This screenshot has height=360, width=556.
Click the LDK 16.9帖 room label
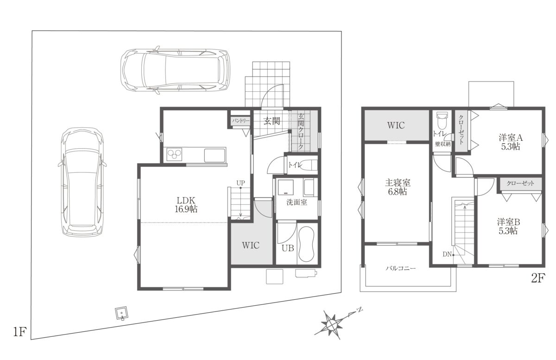click(x=186, y=205)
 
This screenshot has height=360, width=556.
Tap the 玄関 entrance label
click(x=272, y=121)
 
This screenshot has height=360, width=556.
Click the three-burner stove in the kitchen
click(x=174, y=154)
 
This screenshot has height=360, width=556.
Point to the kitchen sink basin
click(x=215, y=155)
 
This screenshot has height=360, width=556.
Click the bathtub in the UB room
click(x=306, y=244)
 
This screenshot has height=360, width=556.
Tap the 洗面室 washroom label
click(x=297, y=202)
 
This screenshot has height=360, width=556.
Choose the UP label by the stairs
click(x=240, y=183)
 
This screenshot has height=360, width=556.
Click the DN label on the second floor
click(x=447, y=254)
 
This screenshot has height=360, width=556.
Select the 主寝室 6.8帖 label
click(x=398, y=187)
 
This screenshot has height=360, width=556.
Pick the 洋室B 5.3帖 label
click(x=508, y=226)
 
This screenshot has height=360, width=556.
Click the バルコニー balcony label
click(x=401, y=268)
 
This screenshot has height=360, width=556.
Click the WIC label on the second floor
click(x=396, y=126)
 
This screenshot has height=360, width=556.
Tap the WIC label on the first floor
click(x=251, y=245)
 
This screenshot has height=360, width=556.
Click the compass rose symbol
click(x=331, y=323)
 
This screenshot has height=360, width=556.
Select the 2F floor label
click(x=538, y=278)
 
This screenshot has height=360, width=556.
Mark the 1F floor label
click(x=20, y=332)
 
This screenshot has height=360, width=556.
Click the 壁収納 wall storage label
click(x=443, y=144)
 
